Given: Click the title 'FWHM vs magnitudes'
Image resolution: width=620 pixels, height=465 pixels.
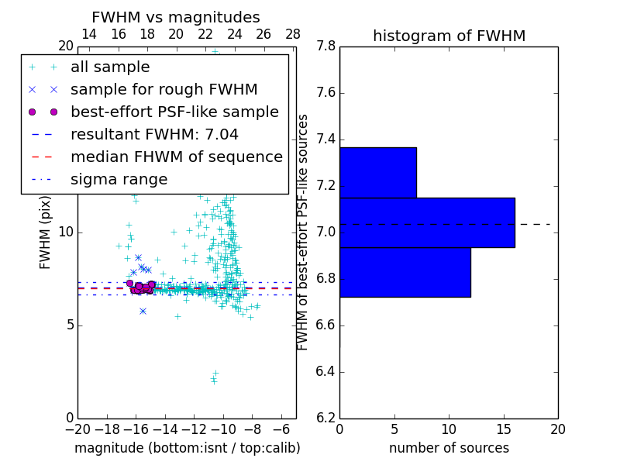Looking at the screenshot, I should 175,18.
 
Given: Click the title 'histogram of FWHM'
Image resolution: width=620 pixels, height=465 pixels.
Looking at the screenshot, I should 449,36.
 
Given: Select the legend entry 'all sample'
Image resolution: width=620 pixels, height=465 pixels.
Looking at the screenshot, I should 110,67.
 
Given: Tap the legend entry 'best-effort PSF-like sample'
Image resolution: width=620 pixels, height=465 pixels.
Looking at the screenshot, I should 174,112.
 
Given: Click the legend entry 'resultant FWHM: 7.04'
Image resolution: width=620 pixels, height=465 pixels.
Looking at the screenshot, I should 154,135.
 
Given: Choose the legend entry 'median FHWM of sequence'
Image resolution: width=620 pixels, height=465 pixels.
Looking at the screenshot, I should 176,157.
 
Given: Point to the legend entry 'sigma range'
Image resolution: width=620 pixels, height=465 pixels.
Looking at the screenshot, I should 119,180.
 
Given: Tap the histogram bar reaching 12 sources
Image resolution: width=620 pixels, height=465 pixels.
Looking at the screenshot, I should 405,272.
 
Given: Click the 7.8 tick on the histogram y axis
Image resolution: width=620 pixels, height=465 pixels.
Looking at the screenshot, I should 325,46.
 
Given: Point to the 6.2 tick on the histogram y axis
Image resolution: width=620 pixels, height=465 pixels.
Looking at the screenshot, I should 325,418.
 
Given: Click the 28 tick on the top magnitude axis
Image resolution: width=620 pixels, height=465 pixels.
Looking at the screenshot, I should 293,35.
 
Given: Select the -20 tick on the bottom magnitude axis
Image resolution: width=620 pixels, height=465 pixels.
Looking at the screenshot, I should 77,430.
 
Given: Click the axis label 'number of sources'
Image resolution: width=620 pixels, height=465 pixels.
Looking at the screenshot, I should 449,449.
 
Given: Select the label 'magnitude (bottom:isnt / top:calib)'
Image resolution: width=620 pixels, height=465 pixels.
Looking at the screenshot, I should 187,449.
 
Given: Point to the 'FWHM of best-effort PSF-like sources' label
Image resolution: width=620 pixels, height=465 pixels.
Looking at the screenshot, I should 303,232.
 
